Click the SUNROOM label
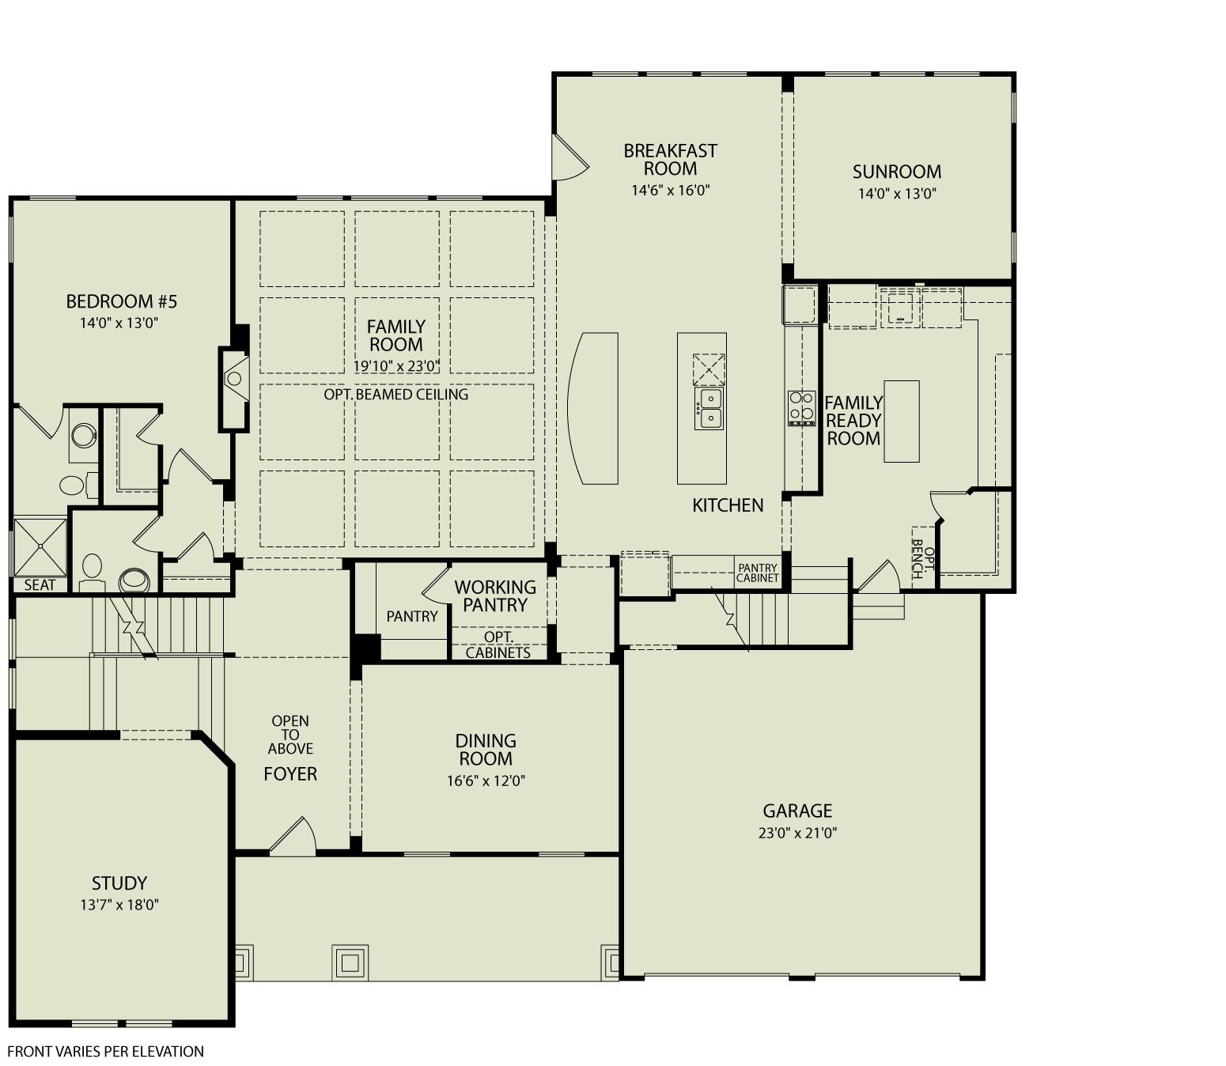pyautogui.click(x=896, y=172)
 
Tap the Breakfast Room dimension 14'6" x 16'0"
pyautogui.click(x=670, y=190)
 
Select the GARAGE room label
pyautogui.click(x=797, y=811)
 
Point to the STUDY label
pyautogui.click(x=119, y=883)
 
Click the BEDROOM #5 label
pyautogui.click(x=121, y=301)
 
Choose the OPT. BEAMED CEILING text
pyautogui.click(x=395, y=394)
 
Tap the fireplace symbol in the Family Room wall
pyautogui.click(x=234, y=379)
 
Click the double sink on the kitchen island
pyautogui.click(x=709, y=408)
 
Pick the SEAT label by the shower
pyautogui.click(x=40, y=585)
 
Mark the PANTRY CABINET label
pyautogui.click(x=758, y=573)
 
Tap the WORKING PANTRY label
pyautogui.click(x=495, y=596)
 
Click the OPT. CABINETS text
pyautogui.click(x=498, y=645)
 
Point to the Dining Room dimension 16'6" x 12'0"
pyautogui.click(x=486, y=781)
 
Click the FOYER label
pyautogui.click(x=290, y=774)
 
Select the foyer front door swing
pyautogui.click(x=294, y=837)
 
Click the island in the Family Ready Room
pyautogui.click(x=902, y=421)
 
